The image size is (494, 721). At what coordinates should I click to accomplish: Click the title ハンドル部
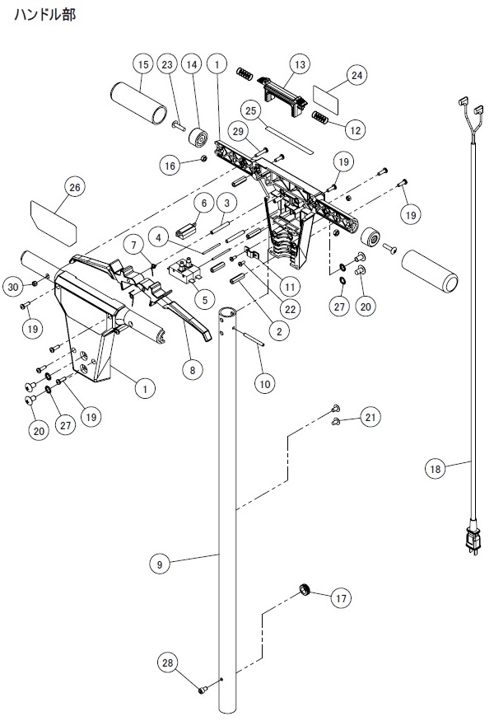(44, 15)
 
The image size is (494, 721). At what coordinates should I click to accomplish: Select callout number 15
(143, 64)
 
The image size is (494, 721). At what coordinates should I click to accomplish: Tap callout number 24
(357, 75)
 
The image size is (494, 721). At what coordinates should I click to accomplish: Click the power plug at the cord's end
(472, 540)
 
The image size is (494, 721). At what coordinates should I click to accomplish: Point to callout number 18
(435, 469)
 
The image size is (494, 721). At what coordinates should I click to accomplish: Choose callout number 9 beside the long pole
(160, 564)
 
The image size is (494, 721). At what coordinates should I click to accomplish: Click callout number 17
(341, 598)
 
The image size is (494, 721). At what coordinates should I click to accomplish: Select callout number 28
(168, 662)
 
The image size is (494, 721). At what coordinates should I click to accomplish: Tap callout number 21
(370, 417)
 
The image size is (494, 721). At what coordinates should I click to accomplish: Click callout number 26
(74, 188)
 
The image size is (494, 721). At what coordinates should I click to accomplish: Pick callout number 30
(13, 288)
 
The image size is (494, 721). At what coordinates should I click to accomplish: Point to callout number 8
(192, 370)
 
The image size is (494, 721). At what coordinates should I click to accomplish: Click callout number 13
(300, 64)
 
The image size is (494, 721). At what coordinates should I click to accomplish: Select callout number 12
(356, 130)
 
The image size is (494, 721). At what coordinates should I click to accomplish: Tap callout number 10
(264, 383)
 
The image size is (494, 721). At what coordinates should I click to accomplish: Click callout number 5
(205, 300)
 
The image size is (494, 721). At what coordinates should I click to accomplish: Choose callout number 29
(238, 132)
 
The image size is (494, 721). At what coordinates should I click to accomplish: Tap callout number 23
(167, 64)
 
